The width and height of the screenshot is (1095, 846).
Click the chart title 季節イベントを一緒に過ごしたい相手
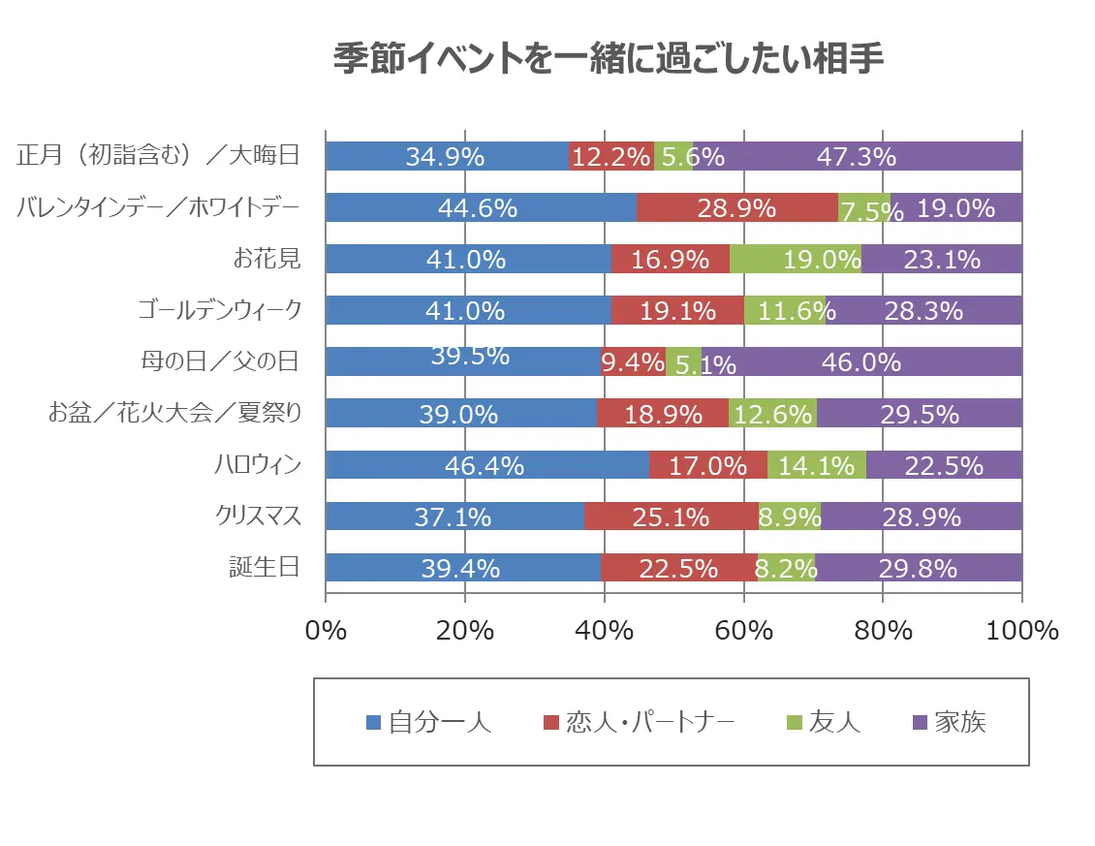(x=608, y=60)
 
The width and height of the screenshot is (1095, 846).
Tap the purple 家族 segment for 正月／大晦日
(x=857, y=156)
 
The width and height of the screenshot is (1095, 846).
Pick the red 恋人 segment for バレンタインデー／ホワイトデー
(x=736, y=207)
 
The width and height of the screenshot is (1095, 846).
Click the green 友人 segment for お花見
(x=795, y=259)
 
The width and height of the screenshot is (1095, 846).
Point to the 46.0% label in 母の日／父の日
(x=860, y=362)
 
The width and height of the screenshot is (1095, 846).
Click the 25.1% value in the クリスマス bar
(x=671, y=517)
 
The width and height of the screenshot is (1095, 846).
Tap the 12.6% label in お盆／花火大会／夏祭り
(x=772, y=414)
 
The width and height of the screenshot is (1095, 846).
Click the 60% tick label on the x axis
(x=743, y=630)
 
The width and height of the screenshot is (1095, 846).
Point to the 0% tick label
(x=326, y=630)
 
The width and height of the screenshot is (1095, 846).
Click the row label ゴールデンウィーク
(x=219, y=310)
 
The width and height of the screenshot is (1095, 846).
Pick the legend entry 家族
(x=959, y=722)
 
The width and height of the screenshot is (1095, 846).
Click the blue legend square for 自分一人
(x=373, y=722)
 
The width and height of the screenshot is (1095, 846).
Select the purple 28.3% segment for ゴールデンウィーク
(x=923, y=310)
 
